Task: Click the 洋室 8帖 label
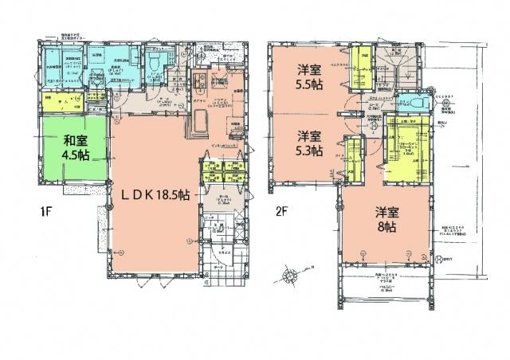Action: coord(386,218)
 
